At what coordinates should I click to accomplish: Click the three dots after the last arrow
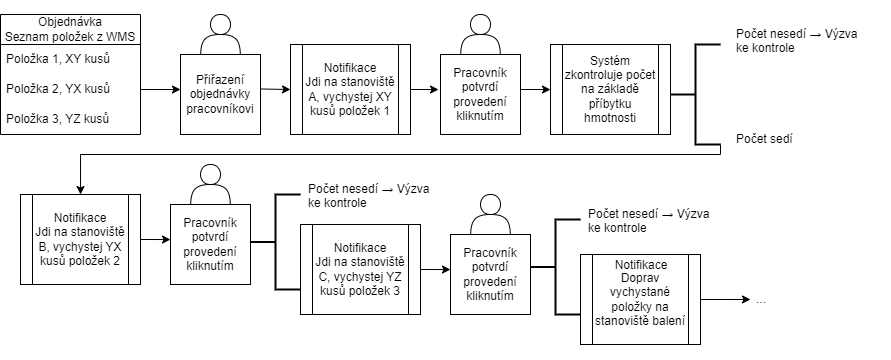pyautogui.click(x=761, y=299)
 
